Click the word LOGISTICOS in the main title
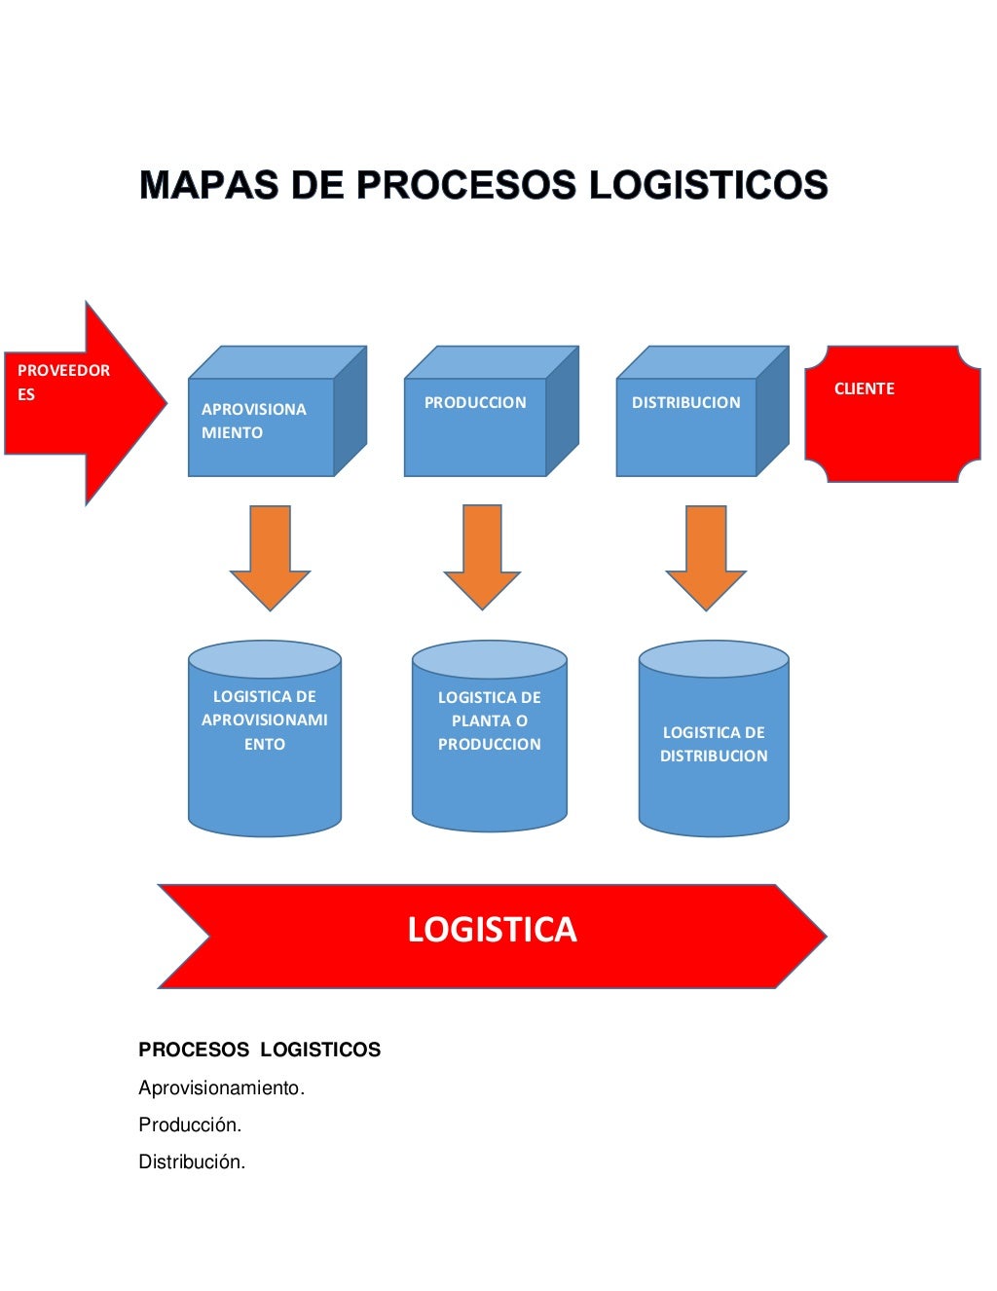coord(708,185)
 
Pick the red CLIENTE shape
coord(892,414)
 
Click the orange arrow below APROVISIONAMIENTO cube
coord(270,556)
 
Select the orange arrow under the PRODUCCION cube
coord(482,556)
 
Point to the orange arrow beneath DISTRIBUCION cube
coord(706,556)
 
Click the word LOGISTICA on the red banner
coord(492,930)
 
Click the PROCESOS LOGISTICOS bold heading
coord(259,1050)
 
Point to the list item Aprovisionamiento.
coord(221,1088)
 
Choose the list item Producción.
coord(190,1125)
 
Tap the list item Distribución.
coord(192,1162)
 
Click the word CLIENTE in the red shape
coord(864,388)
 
